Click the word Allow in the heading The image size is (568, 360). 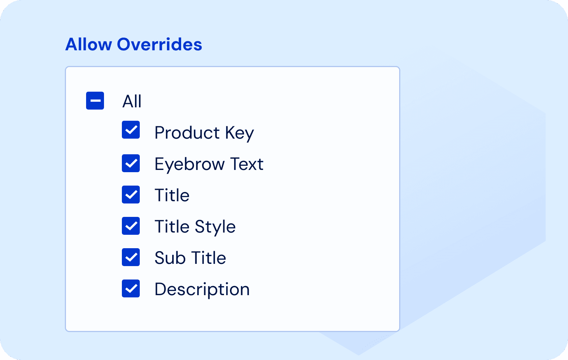tap(88, 44)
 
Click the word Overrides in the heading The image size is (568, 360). tap(160, 44)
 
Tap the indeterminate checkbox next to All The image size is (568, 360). tap(95, 101)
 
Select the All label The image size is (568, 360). tap(132, 101)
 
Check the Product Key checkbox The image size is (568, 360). tap(131, 130)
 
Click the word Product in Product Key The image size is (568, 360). tap(187, 133)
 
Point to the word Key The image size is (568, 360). tap(240, 133)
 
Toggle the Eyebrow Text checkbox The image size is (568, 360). tap(131, 163)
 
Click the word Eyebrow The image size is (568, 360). tap(190, 164)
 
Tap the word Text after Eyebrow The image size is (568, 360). tap(247, 164)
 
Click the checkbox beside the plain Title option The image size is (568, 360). tap(131, 195)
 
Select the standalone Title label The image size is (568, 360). tap(172, 195)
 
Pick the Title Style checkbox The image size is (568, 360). tap(131, 226)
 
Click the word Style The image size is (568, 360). tap(215, 227)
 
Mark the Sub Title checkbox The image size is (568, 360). tap(131, 257)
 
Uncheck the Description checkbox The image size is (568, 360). tap(131, 288)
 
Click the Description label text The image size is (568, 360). tap(202, 289)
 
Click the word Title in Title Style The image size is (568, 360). tap(172, 227)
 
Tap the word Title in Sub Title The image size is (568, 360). tap(209, 258)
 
